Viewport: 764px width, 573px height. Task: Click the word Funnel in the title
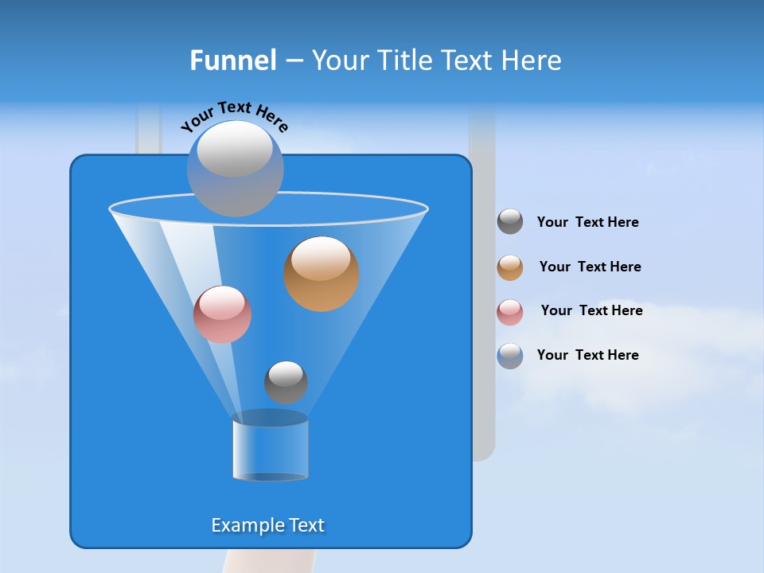pos(233,60)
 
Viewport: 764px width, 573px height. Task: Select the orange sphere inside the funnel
pos(322,274)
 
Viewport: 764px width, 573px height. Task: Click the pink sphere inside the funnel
pos(222,314)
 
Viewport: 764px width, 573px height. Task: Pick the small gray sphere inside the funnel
pos(286,383)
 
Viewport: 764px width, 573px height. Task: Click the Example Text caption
pos(268,525)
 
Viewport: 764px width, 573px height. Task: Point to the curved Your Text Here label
pos(235,116)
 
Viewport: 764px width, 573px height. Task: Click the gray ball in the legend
pos(510,222)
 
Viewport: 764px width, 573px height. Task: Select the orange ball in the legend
pos(510,267)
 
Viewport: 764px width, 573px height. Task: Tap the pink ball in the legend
pos(510,312)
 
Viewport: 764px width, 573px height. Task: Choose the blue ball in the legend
pos(510,356)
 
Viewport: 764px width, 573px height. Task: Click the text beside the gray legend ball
pos(587,223)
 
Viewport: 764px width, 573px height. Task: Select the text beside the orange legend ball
pos(590,267)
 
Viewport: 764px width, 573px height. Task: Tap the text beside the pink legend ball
pos(591,311)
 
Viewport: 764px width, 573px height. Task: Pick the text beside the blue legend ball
pos(587,356)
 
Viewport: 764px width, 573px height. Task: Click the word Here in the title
pos(532,60)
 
